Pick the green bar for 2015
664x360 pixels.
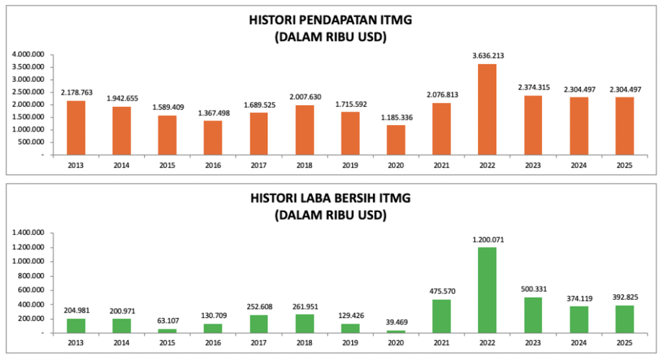click(x=167, y=330)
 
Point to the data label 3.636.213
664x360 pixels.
click(x=488, y=56)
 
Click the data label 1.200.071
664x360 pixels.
click(x=488, y=239)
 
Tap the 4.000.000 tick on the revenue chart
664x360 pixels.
click(x=28, y=54)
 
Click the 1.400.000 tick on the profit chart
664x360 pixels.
click(x=28, y=233)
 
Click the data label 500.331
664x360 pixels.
click(x=533, y=289)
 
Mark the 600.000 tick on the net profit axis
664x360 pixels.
click(x=30, y=290)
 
